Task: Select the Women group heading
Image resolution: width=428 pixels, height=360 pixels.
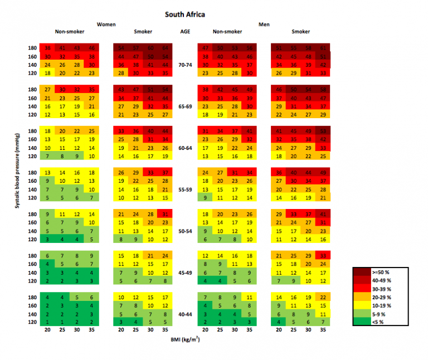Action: point(106,25)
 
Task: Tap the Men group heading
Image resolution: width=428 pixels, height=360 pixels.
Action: point(264,25)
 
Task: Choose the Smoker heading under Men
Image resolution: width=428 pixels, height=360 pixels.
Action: point(301,32)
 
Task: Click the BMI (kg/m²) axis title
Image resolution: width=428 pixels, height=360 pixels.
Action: point(185,339)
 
